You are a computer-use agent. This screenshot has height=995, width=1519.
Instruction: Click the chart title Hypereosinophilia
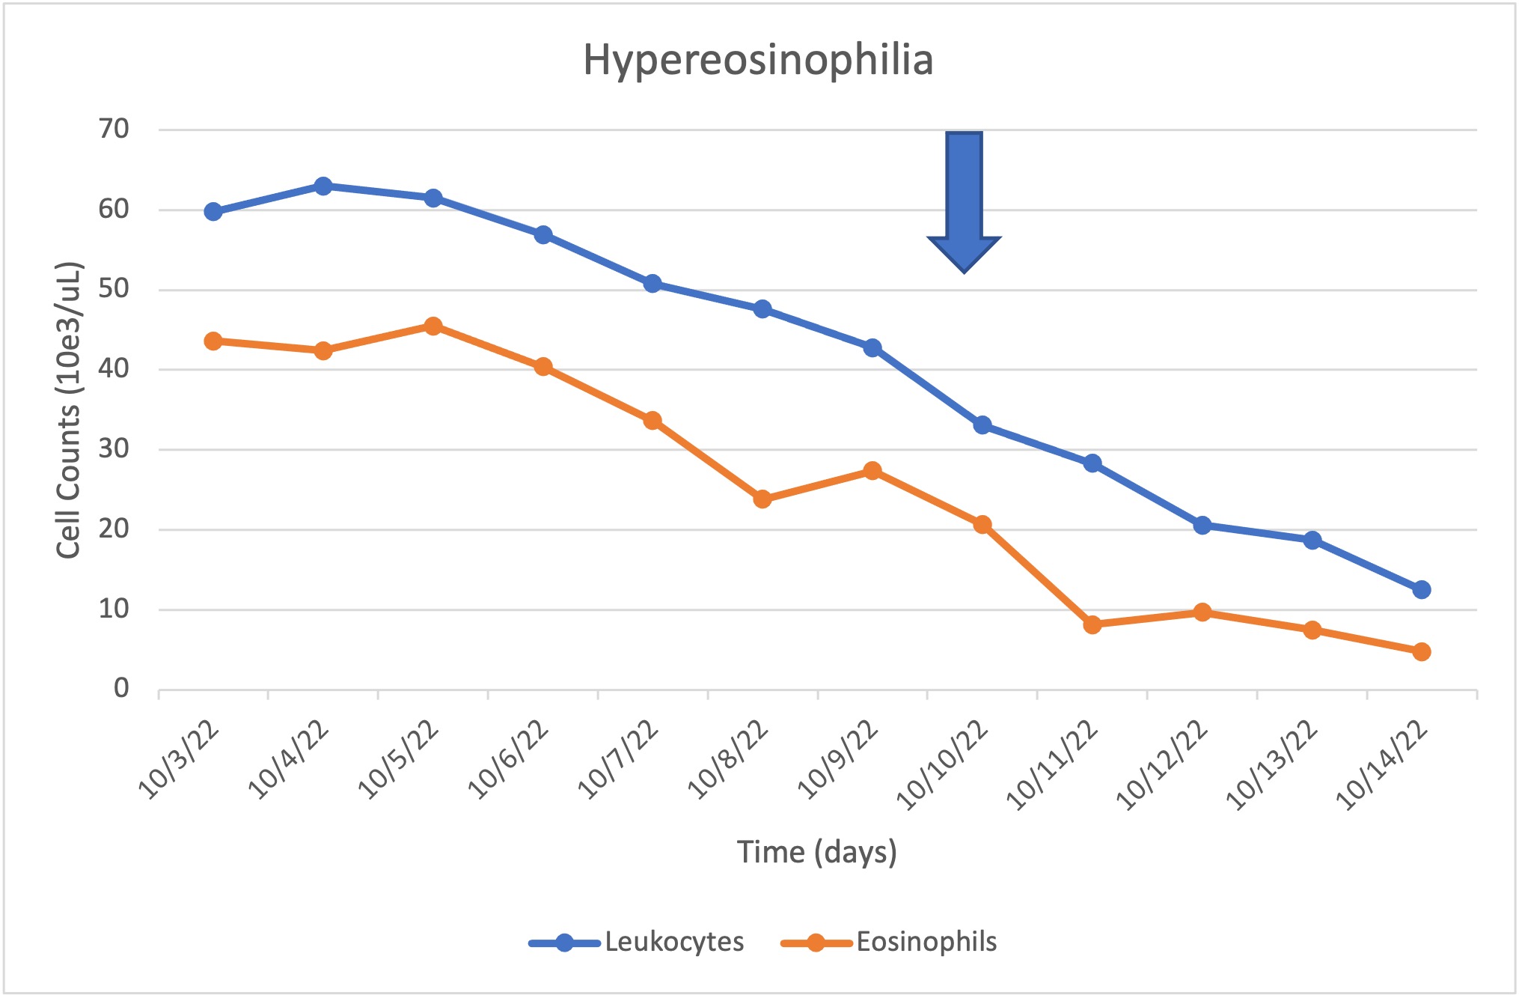click(x=758, y=60)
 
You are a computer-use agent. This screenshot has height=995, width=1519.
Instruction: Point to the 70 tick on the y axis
click(x=114, y=129)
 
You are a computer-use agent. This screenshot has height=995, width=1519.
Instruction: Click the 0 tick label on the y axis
click(x=121, y=688)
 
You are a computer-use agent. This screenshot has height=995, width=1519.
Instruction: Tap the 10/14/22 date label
click(x=1382, y=764)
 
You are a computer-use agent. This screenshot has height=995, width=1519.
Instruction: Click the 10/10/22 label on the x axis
click(x=943, y=764)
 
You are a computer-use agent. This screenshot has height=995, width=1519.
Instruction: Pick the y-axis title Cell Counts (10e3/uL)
click(x=68, y=410)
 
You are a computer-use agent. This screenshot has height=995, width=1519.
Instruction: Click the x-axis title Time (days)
click(x=816, y=852)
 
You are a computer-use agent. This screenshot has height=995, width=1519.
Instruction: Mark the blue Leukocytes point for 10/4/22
click(x=323, y=186)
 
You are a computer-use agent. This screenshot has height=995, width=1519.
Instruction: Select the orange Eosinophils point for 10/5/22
click(x=433, y=326)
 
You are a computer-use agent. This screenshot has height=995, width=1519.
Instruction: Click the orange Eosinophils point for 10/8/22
click(x=762, y=499)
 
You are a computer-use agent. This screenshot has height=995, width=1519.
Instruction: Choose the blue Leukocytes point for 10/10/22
click(x=982, y=425)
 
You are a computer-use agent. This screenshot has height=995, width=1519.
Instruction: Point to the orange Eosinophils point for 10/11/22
click(x=1092, y=624)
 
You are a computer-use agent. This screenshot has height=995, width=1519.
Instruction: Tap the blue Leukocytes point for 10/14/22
click(x=1422, y=590)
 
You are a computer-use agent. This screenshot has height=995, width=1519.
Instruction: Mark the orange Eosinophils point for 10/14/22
click(x=1422, y=651)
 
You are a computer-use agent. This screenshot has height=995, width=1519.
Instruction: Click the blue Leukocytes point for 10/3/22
click(x=213, y=212)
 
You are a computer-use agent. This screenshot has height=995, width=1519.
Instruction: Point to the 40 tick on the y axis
click(x=114, y=368)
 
